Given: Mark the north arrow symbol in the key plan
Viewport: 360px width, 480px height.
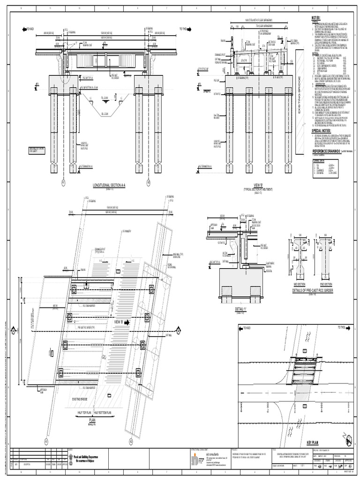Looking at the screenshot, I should [x=348, y=440].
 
